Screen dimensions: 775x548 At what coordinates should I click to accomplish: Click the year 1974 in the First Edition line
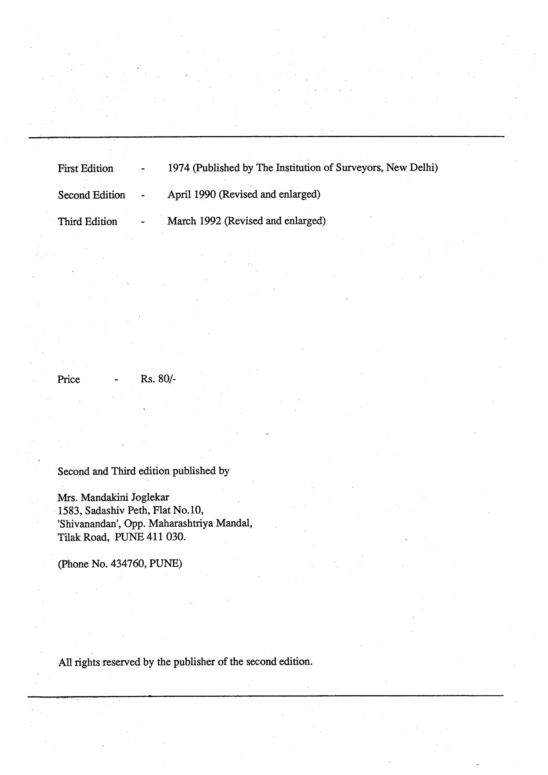tap(179, 168)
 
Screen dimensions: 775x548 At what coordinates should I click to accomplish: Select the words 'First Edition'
tap(85, 168)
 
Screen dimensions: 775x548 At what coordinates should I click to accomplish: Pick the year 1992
tap(210, 221)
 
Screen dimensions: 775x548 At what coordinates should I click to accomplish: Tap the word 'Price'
tap(68, 379)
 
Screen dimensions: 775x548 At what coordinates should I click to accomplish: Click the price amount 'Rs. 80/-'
tap(158, 379)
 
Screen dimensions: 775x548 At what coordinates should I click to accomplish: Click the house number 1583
tap(69, 510)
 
